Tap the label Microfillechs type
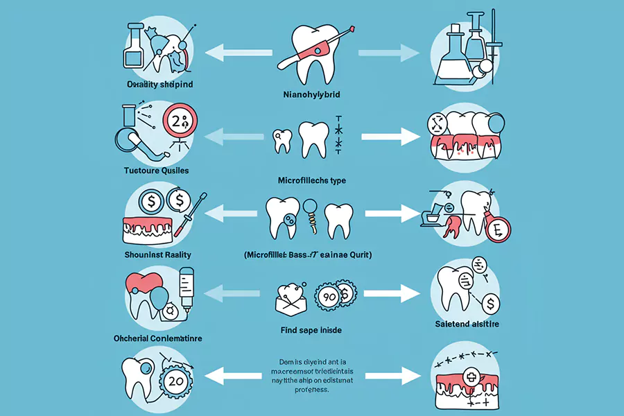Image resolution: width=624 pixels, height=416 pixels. click(311, 180)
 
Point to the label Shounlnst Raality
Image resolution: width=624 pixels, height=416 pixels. click(159, 255)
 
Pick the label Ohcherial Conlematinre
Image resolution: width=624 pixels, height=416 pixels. click(158, 338)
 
